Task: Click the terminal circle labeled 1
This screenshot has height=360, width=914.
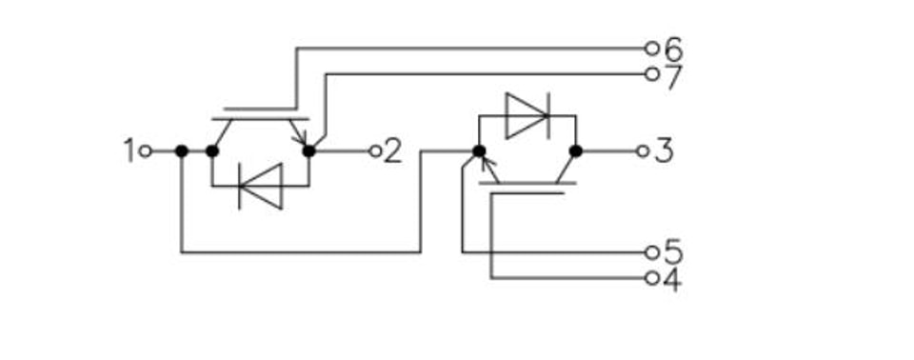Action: point(146,151)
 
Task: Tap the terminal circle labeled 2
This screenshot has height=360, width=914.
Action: point(375,151)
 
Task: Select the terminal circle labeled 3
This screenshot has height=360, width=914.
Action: point(643,151)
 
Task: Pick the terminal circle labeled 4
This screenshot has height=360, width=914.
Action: point(652,278)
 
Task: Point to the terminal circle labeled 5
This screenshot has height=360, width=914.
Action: point(652,252)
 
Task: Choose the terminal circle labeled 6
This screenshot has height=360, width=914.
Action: point(652,49)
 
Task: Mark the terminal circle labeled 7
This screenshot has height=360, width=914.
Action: point(652,74)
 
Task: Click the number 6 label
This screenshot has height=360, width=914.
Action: point(673,50)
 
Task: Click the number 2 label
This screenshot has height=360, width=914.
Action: point(393,151)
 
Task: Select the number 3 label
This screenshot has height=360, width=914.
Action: point(665,151)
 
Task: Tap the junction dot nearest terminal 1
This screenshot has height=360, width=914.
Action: point(182,151)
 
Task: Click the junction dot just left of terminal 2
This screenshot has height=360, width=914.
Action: point(308,151)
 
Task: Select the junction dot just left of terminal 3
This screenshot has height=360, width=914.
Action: point(576,151)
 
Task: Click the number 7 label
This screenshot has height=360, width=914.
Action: point(673,77)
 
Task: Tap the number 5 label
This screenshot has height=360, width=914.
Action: point(673,252)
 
